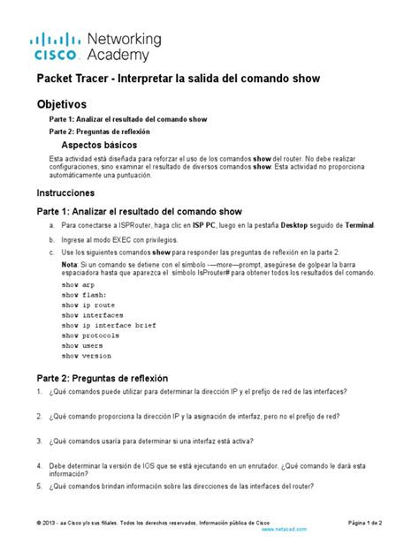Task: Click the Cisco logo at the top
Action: point(58,47)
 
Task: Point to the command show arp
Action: point(78,286)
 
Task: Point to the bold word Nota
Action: point(69,264)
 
